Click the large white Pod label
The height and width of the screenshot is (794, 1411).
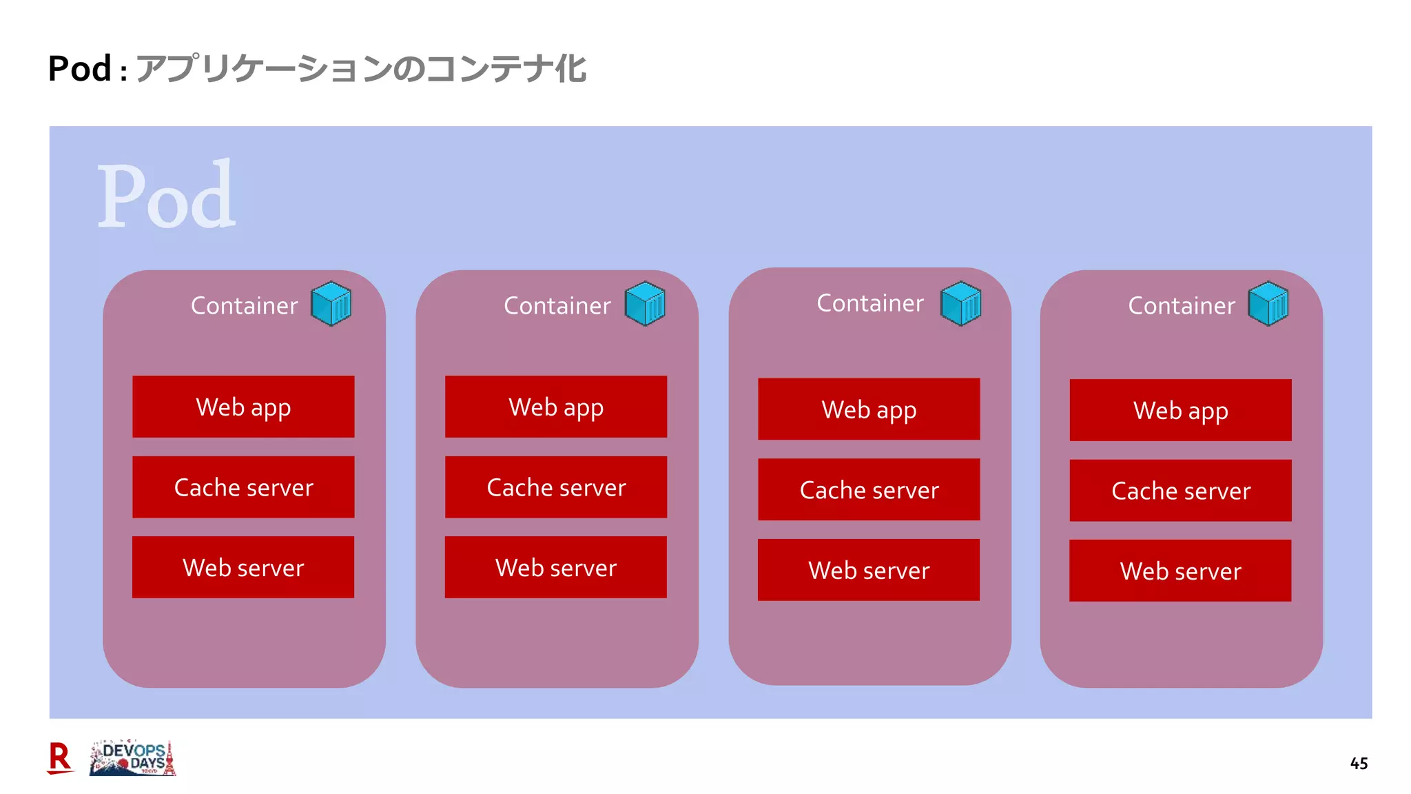[166, 196]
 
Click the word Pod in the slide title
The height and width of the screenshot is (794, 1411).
[79, 69]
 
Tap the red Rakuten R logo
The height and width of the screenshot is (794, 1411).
[60, 758]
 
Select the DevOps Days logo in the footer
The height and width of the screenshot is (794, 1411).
[133, 758]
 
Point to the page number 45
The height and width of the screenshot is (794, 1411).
[1359, 763]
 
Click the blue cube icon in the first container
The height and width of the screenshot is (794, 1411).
[331, 303]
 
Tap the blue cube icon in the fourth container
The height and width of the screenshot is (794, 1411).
[1268, 303]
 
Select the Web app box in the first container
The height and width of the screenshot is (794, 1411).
[243, 407]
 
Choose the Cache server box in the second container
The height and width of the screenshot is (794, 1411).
[556, 487]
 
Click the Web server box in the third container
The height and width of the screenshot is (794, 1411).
[869, 570]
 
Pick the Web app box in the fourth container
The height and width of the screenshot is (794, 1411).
[1180, 410]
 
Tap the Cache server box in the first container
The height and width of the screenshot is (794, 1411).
[243, 487]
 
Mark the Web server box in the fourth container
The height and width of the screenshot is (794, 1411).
[1180, 571]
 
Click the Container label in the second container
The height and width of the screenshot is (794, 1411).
[557, 305]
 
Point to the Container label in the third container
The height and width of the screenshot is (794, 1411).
[869, 303]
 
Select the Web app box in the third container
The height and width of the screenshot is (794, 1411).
[869, 409]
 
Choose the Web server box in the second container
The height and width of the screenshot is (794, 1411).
[556, 567]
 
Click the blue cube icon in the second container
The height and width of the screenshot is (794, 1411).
[645, 303]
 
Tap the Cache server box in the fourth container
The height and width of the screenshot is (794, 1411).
[1180, 491]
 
